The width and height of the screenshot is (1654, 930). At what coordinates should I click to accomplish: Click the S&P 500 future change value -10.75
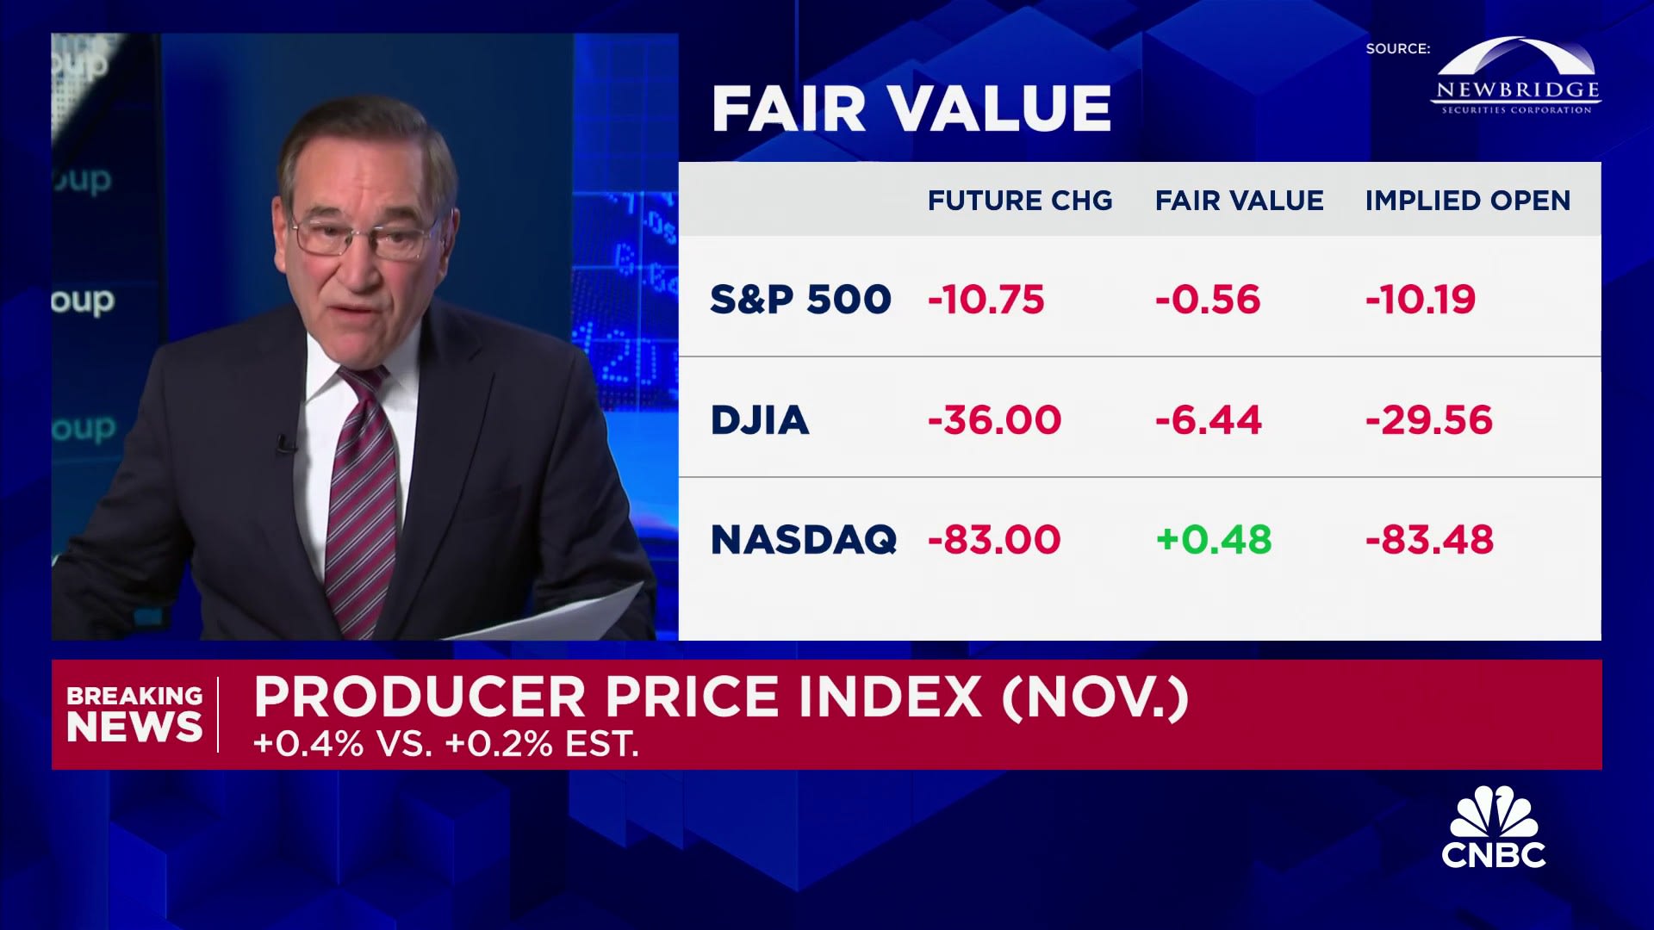tap(986, 300)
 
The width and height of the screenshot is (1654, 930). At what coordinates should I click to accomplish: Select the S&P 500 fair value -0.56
tap(1207, 300)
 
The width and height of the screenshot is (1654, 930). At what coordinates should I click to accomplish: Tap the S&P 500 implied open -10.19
tap(1420, 300)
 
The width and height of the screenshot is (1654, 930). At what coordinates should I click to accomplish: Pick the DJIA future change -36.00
tap(994, 420)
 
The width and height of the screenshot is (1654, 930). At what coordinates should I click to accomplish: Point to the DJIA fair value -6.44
tap(1208, 420)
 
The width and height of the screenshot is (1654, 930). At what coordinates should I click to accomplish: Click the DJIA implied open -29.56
tap(1428, 420)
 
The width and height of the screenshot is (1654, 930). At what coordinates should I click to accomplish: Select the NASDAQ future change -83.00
tap(994, 540)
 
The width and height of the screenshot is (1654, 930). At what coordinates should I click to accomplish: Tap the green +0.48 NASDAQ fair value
tap(1213, 540)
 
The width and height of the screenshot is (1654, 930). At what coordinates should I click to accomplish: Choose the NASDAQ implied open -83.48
tap(1429, 540)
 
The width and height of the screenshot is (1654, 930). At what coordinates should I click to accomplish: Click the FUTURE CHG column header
tap(1020, 201)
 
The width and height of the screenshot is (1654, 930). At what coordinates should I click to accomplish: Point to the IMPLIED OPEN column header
tap(1468, 201)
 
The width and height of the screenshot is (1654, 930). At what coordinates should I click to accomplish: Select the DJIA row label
tap(759, 420)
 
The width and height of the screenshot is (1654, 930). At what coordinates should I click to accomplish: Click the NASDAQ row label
tap(803, 540)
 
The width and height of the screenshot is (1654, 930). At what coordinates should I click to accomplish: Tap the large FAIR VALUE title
tap(911, 108)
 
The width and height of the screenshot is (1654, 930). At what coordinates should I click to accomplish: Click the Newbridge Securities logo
tap(1517, 77)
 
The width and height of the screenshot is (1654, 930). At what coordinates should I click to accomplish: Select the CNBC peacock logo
tap(1494, 828)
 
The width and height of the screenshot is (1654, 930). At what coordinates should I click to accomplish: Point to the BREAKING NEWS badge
tap(134, 715)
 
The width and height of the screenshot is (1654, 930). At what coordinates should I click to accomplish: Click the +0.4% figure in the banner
tap(308, 744)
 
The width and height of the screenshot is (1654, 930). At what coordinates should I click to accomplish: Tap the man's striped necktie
tap(363, 499)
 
